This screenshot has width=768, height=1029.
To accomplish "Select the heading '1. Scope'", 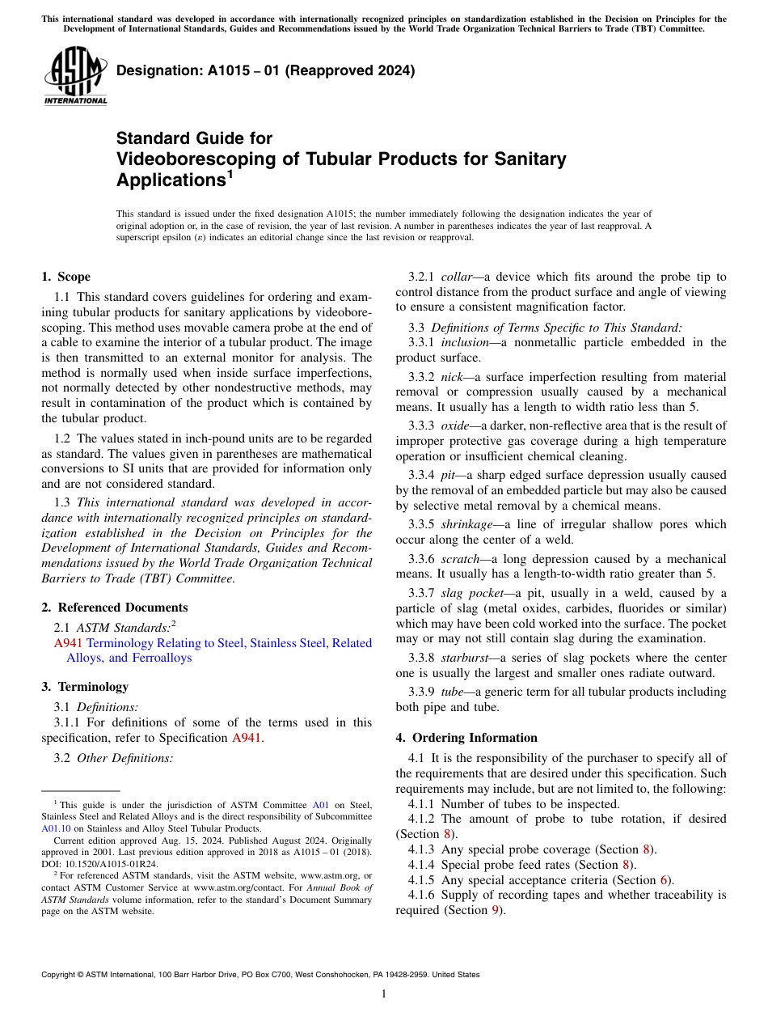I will (65, 277).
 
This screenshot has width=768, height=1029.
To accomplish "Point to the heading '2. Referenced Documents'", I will (114, 608).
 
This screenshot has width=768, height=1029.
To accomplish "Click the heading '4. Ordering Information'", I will (466, 738).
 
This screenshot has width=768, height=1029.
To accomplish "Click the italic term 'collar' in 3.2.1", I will (458, 277).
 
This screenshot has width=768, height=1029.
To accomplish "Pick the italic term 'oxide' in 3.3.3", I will (454, 426).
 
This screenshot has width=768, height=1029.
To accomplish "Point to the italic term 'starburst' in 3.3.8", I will (465, 658).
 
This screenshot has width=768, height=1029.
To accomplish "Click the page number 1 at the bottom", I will (384, 993).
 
